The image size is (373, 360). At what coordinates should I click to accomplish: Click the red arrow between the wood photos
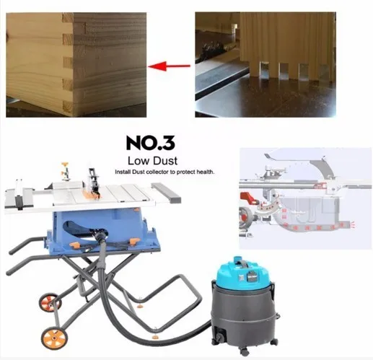point(169,66)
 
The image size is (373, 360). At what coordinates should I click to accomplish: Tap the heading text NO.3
point(151,143)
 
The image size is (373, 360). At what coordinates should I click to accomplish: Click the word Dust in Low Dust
point(165,161)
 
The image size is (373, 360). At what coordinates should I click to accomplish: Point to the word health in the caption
point(205,172)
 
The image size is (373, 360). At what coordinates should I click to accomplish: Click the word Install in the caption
point(123,172)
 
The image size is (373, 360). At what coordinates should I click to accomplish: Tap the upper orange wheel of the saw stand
point(51,302)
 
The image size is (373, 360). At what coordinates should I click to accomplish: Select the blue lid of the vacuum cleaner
point(243,272)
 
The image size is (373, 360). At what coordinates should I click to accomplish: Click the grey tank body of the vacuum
point(243,312)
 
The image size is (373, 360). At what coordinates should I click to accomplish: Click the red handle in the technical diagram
point(247,197)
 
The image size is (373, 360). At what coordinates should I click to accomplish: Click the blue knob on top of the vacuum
point(239,259)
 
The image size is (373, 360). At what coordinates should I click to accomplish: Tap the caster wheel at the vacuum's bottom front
point(243,351)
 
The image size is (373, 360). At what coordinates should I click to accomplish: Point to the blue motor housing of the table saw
point(102,229)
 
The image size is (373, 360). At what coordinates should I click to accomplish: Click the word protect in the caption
point(186,172)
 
